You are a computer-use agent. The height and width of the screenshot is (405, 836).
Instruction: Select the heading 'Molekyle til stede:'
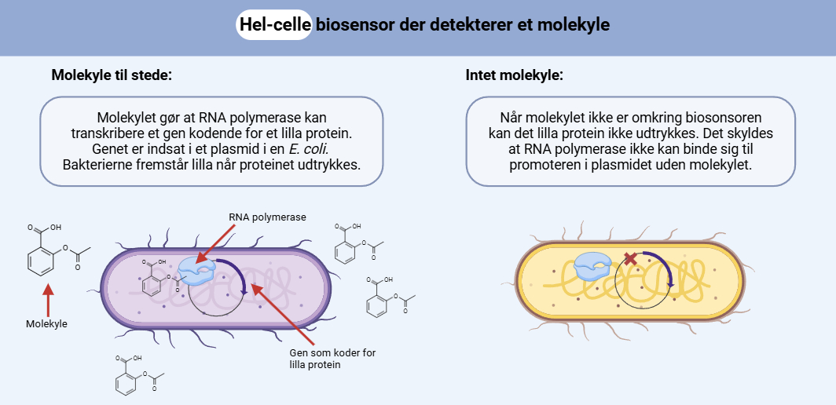[x=112, y=76]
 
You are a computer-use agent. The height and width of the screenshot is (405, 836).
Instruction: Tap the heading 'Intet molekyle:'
[x=514, y=76]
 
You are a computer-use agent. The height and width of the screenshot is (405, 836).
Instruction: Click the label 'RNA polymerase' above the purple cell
[x=267, y=217]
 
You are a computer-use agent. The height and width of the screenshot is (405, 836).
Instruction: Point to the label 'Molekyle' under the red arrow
[x=47, y=323]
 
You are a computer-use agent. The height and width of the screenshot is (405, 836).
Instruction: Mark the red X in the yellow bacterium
[x=629, y=258]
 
